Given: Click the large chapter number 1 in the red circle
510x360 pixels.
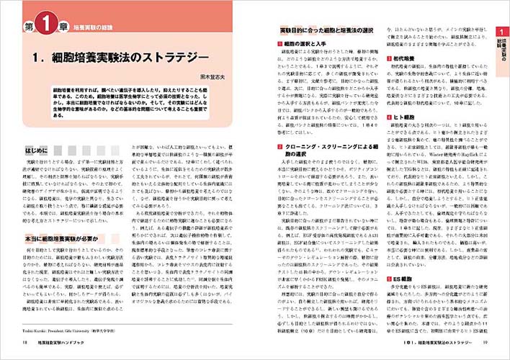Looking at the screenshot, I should [x=42, y=28].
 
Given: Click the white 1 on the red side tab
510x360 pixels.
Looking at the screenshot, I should [x=501, y=31].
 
